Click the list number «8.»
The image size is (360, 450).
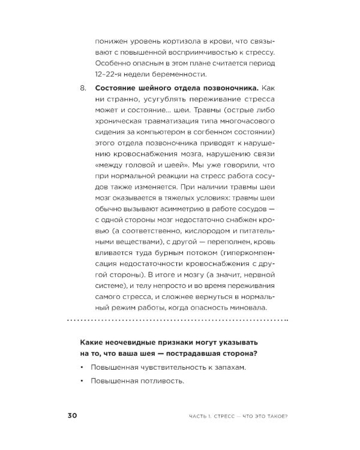click(x=83, y=89)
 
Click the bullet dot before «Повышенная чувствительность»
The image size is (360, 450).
click(x=80, y=367)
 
